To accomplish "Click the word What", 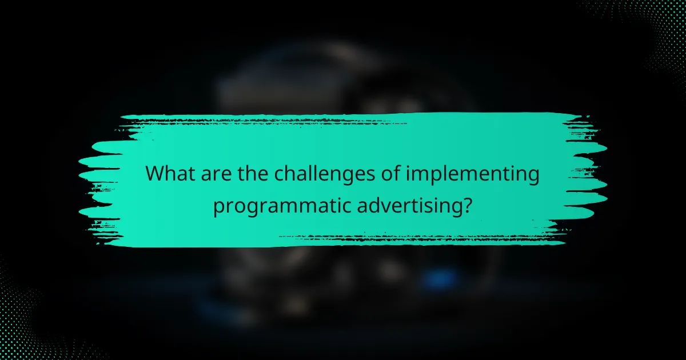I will [x=170, y=174].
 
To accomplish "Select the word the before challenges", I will [x=251, y=174].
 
